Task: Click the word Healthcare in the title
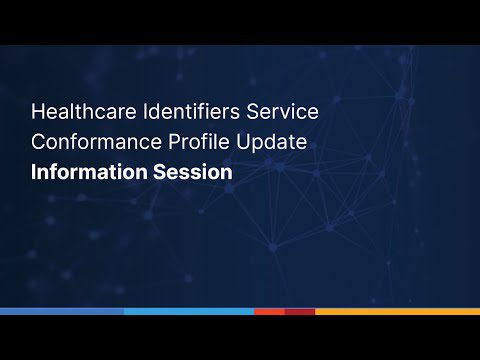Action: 77,109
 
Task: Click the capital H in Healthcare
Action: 37,109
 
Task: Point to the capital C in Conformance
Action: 38,141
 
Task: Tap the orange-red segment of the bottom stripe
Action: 268,311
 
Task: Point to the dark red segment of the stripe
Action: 300,311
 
